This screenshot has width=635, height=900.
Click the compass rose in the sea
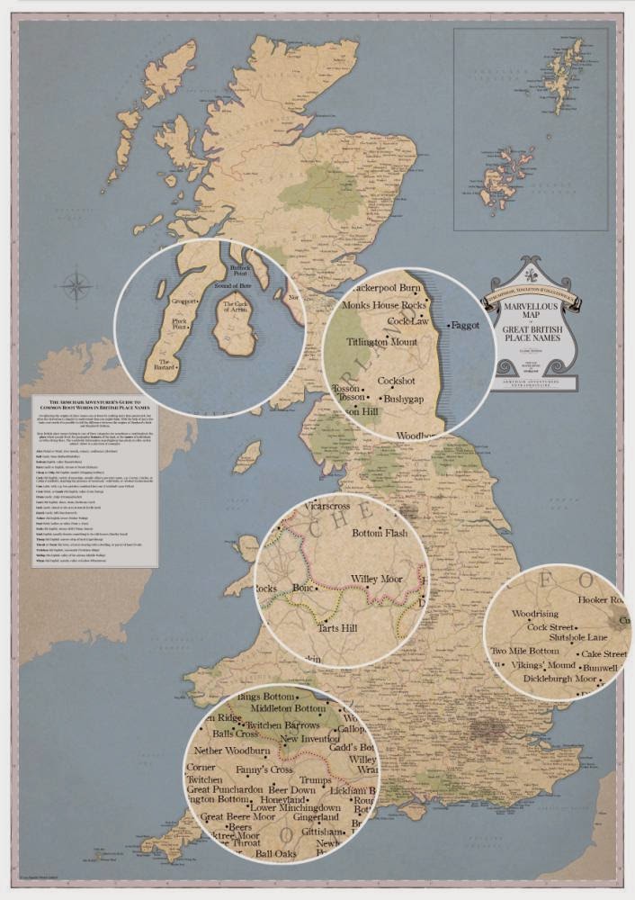tap(77, 288)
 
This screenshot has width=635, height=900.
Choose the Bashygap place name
tap(406, 397)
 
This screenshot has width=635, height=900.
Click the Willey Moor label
tap(378, 579)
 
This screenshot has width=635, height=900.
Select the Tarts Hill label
tap(337, 627)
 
